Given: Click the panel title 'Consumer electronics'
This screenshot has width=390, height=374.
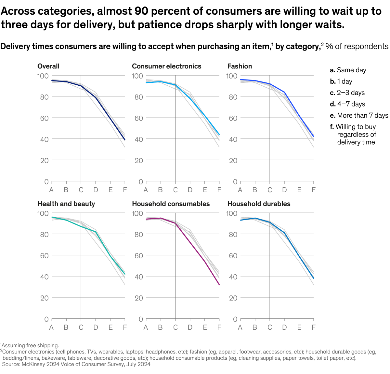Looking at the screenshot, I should [166, 66].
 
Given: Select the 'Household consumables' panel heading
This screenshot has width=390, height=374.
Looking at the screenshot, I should [171, 204].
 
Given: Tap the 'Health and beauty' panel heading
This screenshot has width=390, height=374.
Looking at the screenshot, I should [66, 204].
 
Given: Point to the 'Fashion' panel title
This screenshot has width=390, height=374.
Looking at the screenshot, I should [240, 66].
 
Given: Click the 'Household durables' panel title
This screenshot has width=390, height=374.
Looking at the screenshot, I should [259, 204].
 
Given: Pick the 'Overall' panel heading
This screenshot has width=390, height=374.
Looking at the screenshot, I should [48, 66].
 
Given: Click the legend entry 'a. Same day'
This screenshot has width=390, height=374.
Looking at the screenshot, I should [348, 70].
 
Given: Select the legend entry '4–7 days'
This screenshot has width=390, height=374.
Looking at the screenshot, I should [347, 104].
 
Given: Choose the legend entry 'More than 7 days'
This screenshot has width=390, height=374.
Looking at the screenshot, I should [359, 115].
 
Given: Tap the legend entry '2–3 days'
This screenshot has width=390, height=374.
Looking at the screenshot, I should [347, 93].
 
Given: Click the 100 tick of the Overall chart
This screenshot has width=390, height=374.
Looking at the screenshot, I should [43, 76].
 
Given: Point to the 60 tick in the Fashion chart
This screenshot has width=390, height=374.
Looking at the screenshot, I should [233, 118].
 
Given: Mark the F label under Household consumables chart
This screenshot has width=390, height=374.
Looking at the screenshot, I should [219, 327].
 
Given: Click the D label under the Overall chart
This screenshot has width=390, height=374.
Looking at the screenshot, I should [96, 190].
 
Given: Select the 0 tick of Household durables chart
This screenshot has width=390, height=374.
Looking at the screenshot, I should [235, 319].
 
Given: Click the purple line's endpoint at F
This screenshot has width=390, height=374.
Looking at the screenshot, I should [219, 285].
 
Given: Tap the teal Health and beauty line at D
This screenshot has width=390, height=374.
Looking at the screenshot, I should [96, 232].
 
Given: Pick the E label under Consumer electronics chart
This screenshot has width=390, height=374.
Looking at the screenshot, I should [205, 190].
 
